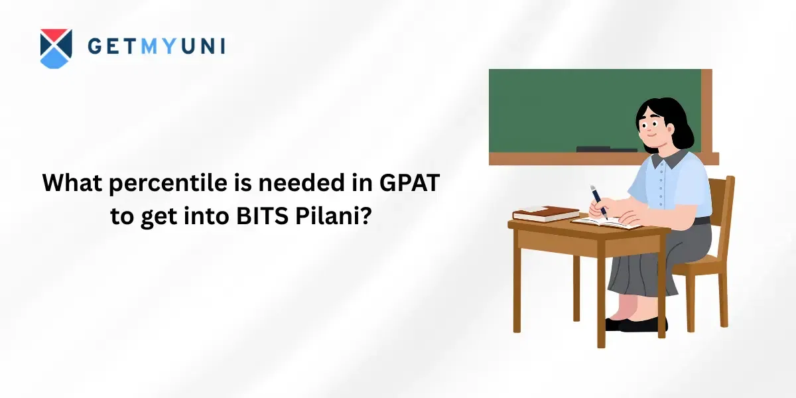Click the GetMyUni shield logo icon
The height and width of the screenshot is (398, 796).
coord(56,48)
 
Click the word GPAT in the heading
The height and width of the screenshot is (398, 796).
coord(410,182)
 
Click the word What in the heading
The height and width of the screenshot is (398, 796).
coord(72,182)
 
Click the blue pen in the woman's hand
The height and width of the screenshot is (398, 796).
coord(599,202)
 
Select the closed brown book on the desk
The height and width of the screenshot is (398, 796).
coord(546,213)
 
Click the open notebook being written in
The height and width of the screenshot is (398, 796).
coord(606,223)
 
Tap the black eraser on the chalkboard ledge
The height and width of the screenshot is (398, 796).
coord(606,149)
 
